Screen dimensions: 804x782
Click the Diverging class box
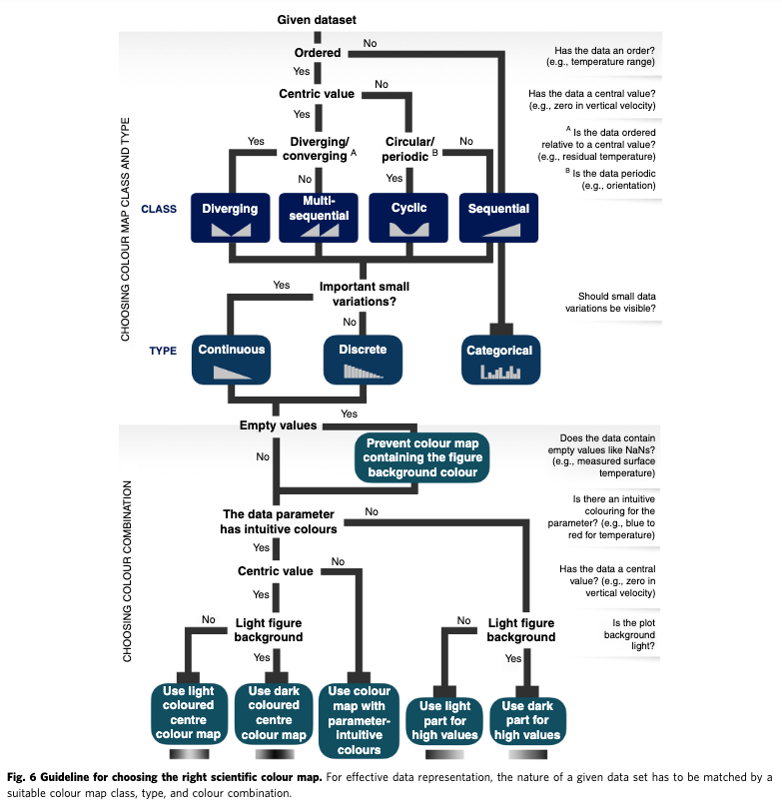[230, 215]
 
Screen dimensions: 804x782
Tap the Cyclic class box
[409, 215]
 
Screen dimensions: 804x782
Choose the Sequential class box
[499, 215]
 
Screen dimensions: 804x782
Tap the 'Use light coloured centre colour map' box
[187, 711]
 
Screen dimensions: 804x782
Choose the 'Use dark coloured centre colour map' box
[273, 711]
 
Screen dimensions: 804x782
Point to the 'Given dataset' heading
[316, 20]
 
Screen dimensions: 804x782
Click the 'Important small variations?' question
[365, 294]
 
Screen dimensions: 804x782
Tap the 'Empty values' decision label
[278, 425]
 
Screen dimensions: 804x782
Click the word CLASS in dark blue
[159, 210]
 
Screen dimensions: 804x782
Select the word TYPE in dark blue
[163, 352]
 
